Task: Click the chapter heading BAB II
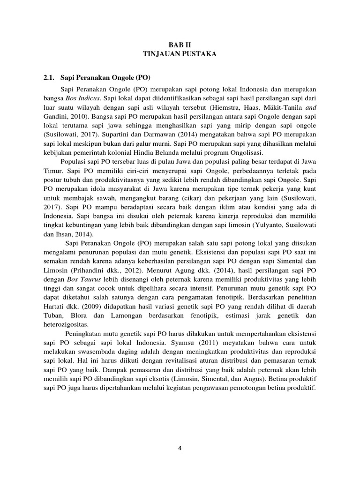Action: click(x=180, y=45)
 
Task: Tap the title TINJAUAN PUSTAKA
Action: click(x=180, y=54)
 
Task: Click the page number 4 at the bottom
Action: click(x=180, y=448)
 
